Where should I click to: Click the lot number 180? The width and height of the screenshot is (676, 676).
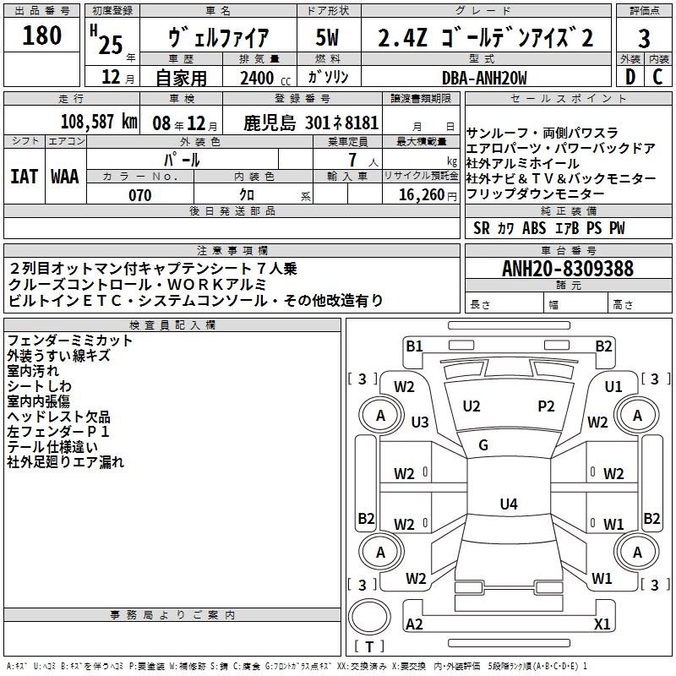tap(41, 36)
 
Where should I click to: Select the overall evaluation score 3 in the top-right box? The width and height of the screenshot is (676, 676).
tap(644, 40)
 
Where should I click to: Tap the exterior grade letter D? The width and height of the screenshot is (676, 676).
tap(630, 78)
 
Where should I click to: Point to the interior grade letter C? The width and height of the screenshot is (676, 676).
tap(657, 78)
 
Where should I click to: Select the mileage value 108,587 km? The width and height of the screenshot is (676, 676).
tap(99, 122)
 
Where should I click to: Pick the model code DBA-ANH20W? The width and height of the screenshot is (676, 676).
tap(485, 78)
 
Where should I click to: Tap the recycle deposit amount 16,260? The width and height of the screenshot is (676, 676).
tap(420, 195)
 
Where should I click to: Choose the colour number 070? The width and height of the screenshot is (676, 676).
tap(139, 195)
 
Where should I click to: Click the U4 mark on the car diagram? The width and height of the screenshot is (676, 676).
tap(508, 504)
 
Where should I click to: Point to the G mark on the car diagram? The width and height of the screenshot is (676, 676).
tap(483, 445)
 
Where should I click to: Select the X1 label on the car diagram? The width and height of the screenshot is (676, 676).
tap(602, 624)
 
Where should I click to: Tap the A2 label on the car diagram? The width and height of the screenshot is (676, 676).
tap(414, 624)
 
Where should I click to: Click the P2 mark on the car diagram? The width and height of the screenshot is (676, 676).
tap(546, 406)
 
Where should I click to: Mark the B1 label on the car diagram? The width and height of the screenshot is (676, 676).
tap(413, 345)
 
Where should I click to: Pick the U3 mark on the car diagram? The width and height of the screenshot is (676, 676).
tap(420, 422)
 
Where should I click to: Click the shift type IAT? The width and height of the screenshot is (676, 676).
tap(24, 177)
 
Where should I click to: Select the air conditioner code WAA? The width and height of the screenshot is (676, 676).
tap(65, 177)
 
